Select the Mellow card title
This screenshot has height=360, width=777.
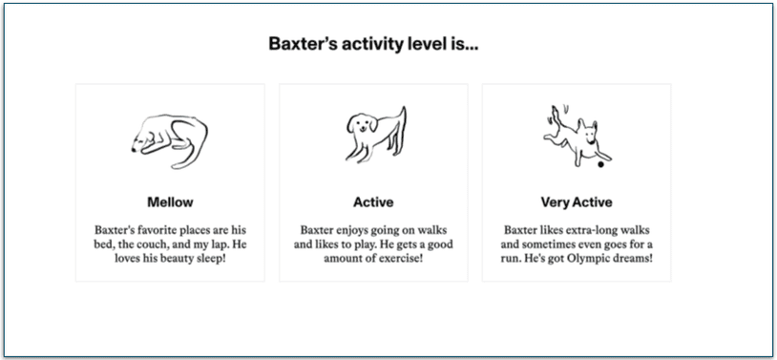(x=170, y=201)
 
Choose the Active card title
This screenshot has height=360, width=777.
(x=373, y=201)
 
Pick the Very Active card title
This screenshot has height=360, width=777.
(x=577, y=201)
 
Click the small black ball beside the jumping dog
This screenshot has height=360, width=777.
(x=599, y=165)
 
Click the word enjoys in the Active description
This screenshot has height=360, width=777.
(x=352, y=230)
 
